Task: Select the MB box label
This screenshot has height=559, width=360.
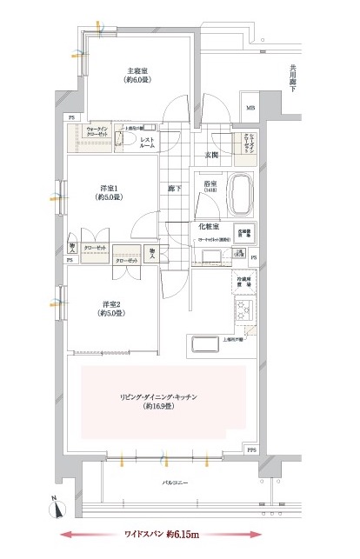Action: pyautogui.click(x=250, y=109)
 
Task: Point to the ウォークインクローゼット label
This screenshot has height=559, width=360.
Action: pyautogui.click(x=97, y=132)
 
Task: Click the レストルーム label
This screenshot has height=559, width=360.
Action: pyautogui.click(x=147, y=143)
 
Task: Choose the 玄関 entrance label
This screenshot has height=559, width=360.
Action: pyautogui.click(x=210, y=154)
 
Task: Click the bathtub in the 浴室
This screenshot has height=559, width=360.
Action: pyautogui.click(x=239, y=196)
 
